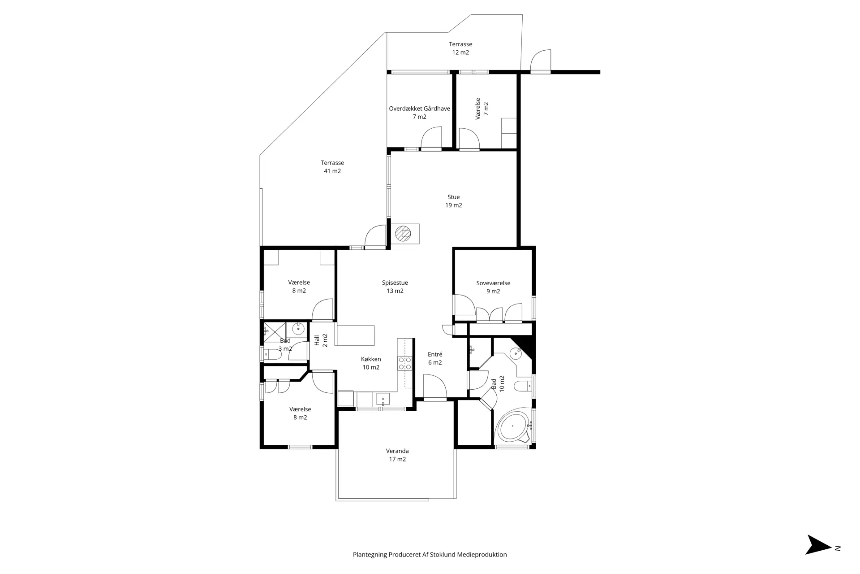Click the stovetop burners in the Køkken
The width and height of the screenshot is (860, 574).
(x=405, y=363)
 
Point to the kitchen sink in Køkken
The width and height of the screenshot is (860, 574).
(x=383, y=399)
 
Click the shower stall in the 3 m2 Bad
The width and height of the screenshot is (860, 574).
(x=275, y=331)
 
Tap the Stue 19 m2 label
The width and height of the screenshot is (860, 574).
(x=454, y=201)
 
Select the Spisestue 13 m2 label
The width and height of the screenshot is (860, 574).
(x=395, y=287)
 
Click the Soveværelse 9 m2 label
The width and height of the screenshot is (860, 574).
(x=493, y=287)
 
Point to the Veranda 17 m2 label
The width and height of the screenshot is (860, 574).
(x=397, y=455)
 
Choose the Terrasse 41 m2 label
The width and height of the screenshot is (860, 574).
(x=332, y=167)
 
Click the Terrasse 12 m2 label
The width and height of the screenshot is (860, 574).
(x=460, y=48)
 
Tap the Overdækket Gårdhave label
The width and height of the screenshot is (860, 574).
(x=419, y=109)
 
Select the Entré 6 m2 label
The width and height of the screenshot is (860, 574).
(x=435, y=358)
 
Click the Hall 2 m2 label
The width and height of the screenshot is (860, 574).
(x=321, y=340)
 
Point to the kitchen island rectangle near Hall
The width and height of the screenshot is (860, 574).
(x=356, y=335)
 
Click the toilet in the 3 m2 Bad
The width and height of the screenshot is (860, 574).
(x=272, y=355)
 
